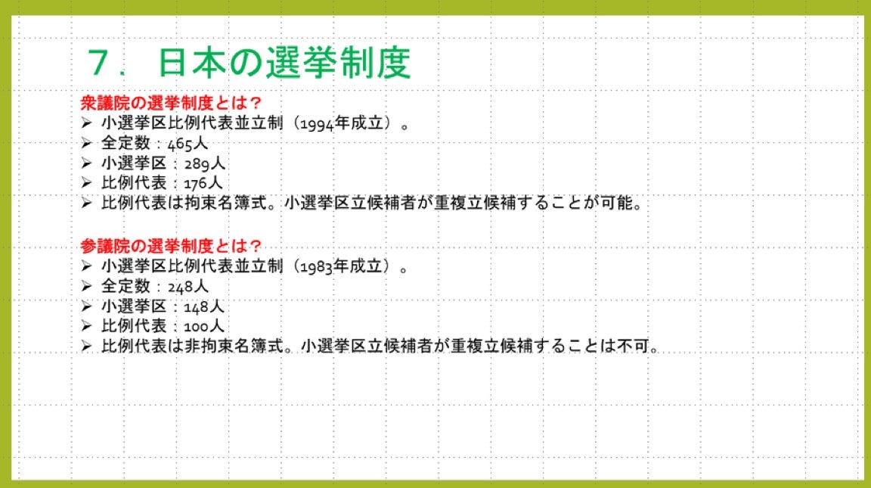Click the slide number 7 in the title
100,62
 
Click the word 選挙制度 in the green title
338,62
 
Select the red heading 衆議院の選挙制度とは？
171,103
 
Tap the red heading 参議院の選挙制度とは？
171,246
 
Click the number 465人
188,144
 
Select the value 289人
204,163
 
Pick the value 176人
203,183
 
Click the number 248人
188,287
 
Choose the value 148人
204,307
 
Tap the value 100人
204,326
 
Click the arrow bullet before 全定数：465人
86,144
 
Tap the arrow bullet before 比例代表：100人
86,325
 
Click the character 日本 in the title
191,62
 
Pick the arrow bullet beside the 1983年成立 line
86,266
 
